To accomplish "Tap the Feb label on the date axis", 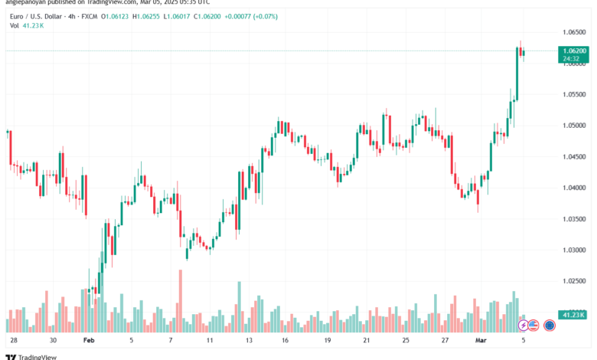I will tap(90, 339).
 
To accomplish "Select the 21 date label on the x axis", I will tap(367, 339).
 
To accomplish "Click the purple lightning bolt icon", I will tap(524, 326).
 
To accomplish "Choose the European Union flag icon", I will tap(549, 326).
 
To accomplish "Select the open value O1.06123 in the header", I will tap(122, 14).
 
